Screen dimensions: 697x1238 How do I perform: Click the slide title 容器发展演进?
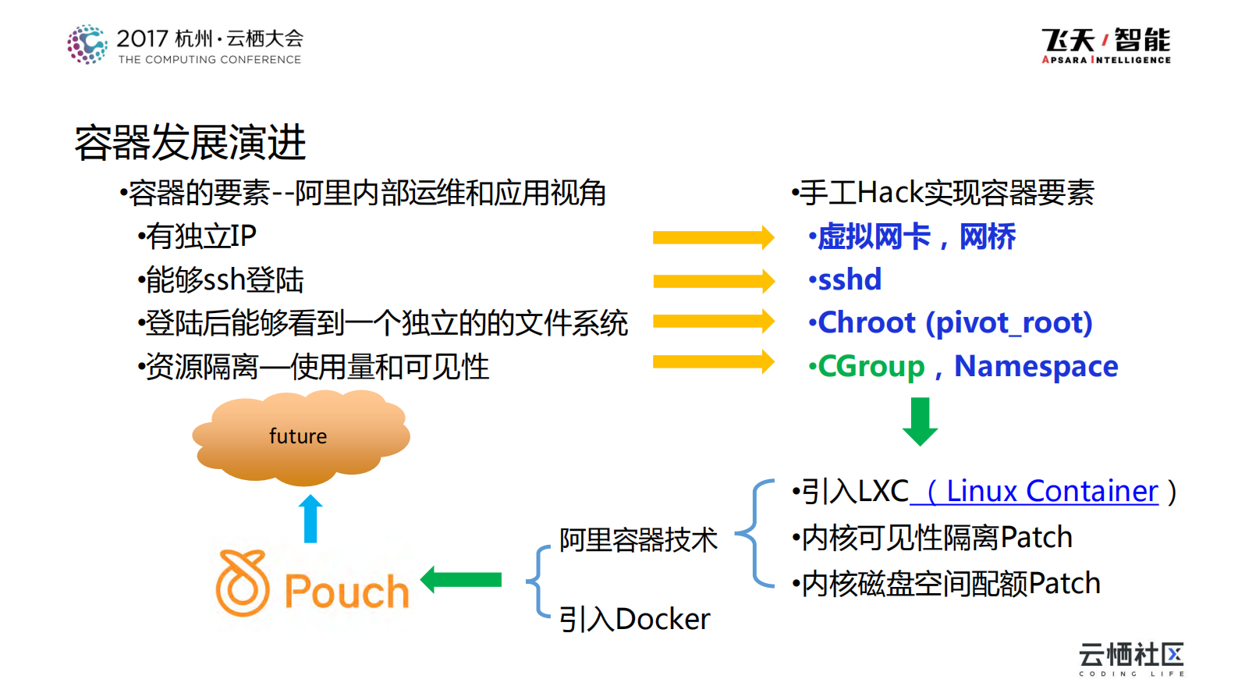click(x=190, y=143)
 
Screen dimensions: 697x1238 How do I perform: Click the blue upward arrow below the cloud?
click(x=310, y=518)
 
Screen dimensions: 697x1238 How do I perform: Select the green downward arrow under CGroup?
click(x=920, y=421)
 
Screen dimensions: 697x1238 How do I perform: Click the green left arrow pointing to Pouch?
click(x=461, y=580)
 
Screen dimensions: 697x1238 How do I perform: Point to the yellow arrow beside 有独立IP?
click(x=712, y=237)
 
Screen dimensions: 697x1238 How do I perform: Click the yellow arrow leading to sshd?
click(x=712, y=281)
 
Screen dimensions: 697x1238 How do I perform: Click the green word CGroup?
click(x=871, y=366)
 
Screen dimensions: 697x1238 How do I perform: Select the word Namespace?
click(x=1036, y=366)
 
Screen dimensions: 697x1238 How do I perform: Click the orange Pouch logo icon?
click(x=243, y=584)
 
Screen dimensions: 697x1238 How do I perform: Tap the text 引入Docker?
click(x=634, y=620)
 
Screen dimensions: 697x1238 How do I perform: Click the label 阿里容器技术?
click(x=638, y=540)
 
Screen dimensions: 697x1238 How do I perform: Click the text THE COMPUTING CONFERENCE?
click(x=209, y=59)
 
